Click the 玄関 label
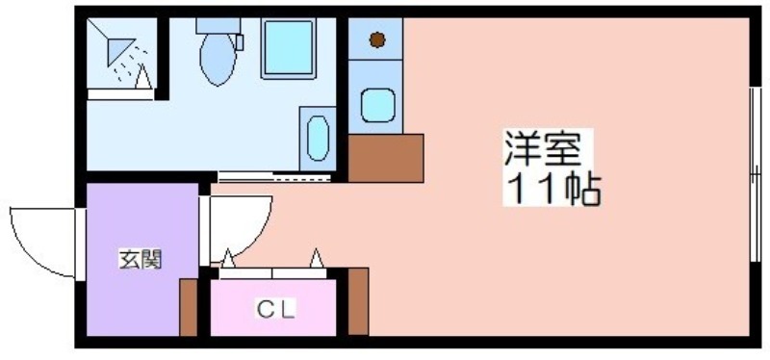point(140,259)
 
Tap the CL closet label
point(275,309)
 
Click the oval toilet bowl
point(218,59)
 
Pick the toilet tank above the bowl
point(218,26)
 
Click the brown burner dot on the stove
point(376,39)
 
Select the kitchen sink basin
point(377,105)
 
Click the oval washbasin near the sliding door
point(318,138)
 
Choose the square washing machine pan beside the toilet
point(288,47)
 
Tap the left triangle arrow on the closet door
point(228,259)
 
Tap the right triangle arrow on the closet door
point(317,258)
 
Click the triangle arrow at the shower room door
point(142,77)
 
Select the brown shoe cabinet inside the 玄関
point(188,307)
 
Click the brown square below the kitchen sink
point(386,158)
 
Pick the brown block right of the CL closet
point(358,301)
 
